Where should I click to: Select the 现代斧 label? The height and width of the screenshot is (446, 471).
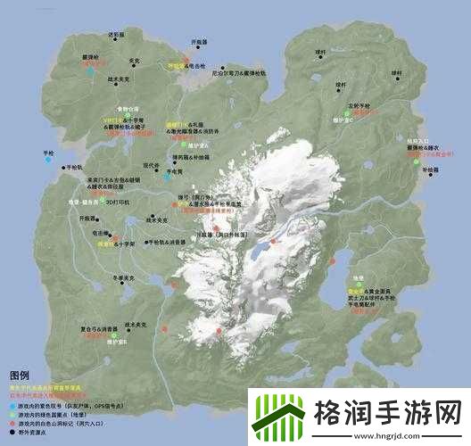tap(155, 165)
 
